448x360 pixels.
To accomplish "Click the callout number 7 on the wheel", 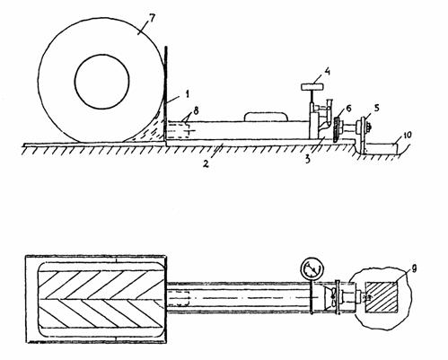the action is click(152, 18).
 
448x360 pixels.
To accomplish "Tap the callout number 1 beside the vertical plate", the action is click(187, 94).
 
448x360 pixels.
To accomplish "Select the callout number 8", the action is click(196, 111).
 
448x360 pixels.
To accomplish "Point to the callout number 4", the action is click(327, 72).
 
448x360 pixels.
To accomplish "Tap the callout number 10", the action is click(407, 135).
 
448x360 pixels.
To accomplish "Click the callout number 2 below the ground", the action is click(206, 163).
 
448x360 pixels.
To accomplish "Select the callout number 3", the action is click(308, 159).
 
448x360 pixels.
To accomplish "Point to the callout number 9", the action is click(414, 269).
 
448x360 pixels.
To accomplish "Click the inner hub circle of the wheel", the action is click(101, 82).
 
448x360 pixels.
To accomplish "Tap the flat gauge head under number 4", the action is click(312, 87).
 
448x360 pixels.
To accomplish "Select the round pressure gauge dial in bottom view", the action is click(312, 269).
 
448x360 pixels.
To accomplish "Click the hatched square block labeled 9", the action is click(382, 297).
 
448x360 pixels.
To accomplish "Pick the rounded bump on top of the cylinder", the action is click(267, 117).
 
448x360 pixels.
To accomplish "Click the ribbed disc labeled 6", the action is click(337, 129).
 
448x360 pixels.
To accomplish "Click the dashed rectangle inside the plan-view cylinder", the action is click(178, 298).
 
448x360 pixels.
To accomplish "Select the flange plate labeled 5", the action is click(363, 135).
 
